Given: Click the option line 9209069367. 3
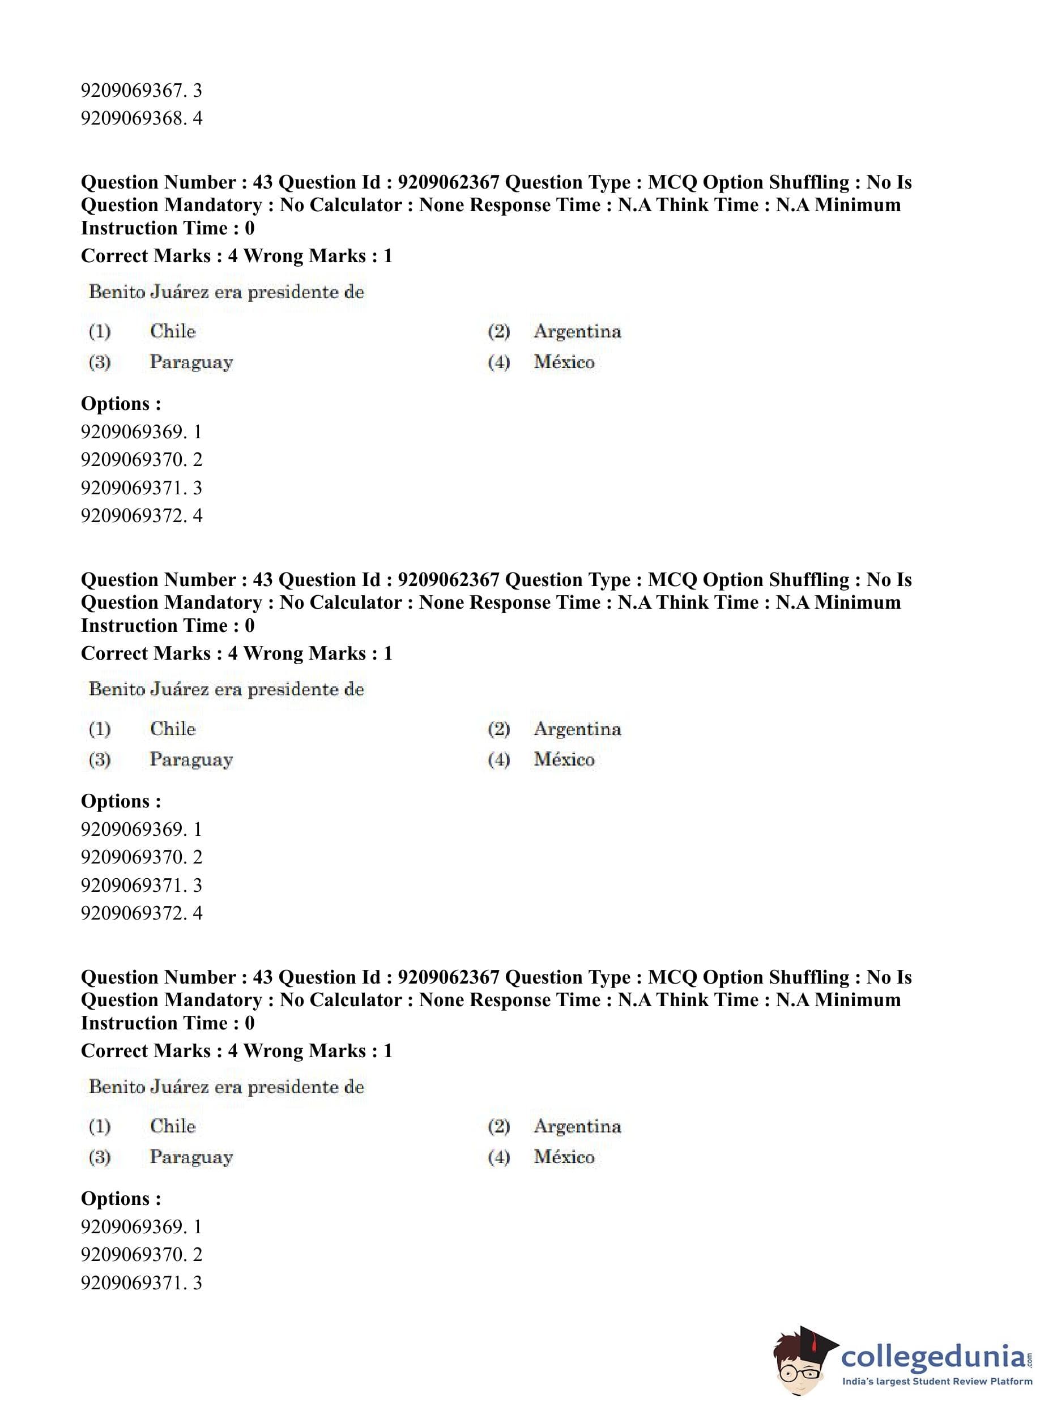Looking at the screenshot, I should tap(141, 91).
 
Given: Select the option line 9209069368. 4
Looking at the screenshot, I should tap(141, 118).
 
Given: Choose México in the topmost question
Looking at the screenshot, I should tap(564, 362).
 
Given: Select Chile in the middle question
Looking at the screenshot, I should tap(173, 728).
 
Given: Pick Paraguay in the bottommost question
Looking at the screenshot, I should tap(191, 1157).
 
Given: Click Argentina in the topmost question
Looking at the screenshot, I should tap(577, 331).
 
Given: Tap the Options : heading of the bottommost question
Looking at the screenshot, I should tap(121, 1198).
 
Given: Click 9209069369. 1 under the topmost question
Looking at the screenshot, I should tap(141, 431).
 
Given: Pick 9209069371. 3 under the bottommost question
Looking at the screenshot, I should tap(141, 1283).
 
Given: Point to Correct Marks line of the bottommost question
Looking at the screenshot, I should tap(236, 1050).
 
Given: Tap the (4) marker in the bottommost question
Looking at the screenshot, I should tap(498, 1157).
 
